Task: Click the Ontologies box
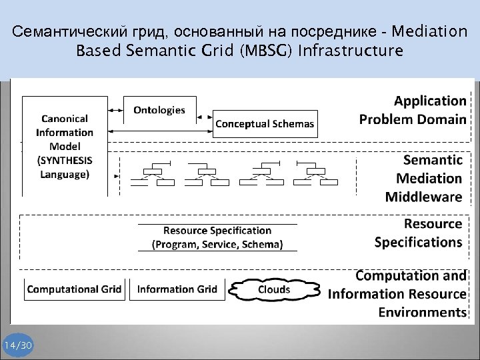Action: pyautogui.click(x=159, y=110)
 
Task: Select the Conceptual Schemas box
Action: pyautogui.click(x=265, y=123)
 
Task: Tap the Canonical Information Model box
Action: pyautogui.click(x=65, y=146)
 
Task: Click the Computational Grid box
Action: pyautogui.click(x=74, y=289)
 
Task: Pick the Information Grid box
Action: pyautogui.click(x=177, y=289)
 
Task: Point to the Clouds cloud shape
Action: pyautogui.click(x=274, y=289)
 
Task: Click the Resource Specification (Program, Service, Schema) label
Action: pyautogui.click(x=217, y=237)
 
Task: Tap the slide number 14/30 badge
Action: pyautogui.click(x=18, y=345)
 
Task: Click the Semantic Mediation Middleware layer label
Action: pyautogui.click(x=423, y=178)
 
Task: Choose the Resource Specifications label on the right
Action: pyautogui.click(x=418, y=233)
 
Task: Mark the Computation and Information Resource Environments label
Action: pyautogui.click(x=397, y=293)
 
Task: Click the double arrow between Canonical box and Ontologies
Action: pyautogui.click(x=115, y=109)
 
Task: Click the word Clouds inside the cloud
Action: pyautogui.click(x=274, y=289)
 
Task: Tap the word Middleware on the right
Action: pyautogui.click(x=423, y=197)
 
